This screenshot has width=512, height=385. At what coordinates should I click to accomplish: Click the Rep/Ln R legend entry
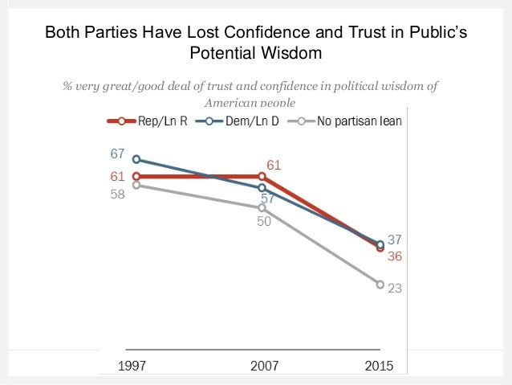[x=145, y=121]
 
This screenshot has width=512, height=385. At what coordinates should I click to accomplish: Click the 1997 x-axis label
[x=132, y=366]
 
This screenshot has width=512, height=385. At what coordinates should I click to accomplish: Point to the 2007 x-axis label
[x=264, y=366]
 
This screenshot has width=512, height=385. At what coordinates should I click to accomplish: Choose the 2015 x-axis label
[x=380, y=366]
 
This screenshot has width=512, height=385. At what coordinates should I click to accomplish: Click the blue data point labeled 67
[x=136, y=159]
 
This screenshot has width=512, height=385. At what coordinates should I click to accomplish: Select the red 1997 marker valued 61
[x=136, y=176]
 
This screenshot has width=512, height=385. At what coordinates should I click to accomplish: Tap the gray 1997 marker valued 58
[x=136, y=185]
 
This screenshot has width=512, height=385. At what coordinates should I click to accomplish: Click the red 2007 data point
[x=262, y=176]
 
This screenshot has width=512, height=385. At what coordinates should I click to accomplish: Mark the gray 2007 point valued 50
[x=262, y=208]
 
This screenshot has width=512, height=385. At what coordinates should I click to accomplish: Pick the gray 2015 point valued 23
[x=380, y=284]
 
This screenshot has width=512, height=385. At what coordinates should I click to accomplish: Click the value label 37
[x=394, y=239]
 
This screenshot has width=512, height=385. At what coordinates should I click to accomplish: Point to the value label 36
[x=394, y=256]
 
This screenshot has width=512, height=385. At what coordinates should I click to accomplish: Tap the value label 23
[x=394, y=287]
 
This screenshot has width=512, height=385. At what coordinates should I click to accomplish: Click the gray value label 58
[x=118, y=194]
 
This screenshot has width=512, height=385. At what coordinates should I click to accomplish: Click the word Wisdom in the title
[x=295, y=53]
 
